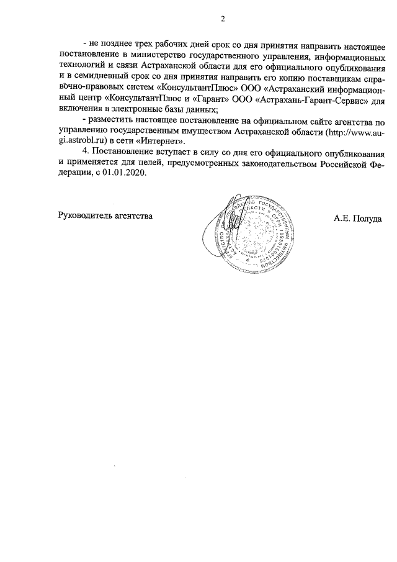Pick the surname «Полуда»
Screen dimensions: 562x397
click(x=367, y=217)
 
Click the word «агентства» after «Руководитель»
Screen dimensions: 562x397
click(x=132, y=217)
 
